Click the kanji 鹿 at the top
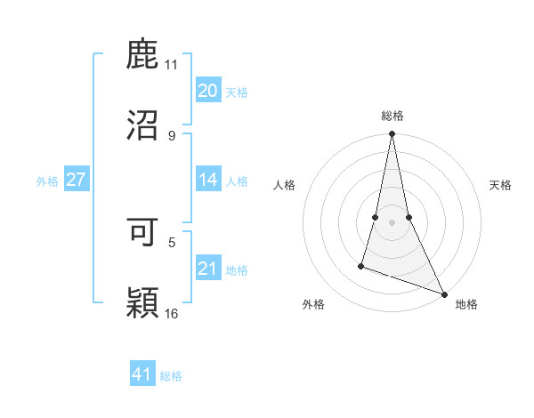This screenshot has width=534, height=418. click(143, 54)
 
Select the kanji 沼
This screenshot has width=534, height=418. click(143, 125)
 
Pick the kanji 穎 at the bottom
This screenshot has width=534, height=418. click(143, 302)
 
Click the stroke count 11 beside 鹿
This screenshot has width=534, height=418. click(171, 64)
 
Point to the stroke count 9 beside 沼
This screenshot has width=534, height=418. click(171, 135)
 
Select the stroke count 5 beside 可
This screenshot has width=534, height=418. click(171, 241)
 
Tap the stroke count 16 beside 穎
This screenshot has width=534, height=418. click(172, 313)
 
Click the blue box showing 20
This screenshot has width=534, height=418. click(207, 91)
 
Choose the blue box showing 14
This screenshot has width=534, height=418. click(207, 180)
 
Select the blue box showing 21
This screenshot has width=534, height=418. click(207, 269)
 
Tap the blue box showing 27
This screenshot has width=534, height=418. click(76, 180)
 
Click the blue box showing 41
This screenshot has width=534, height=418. click(142, 374)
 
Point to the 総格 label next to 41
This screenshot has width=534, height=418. click(171, 376)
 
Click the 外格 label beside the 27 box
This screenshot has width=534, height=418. click(47, 181)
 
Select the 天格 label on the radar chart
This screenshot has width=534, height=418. click(500, 185)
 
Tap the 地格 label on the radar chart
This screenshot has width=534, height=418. click(466, 304)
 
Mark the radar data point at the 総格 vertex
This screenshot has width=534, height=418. click(392, 134)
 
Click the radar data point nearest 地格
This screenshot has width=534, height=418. click(443, 293)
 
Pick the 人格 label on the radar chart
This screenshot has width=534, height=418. click(285, 185)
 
